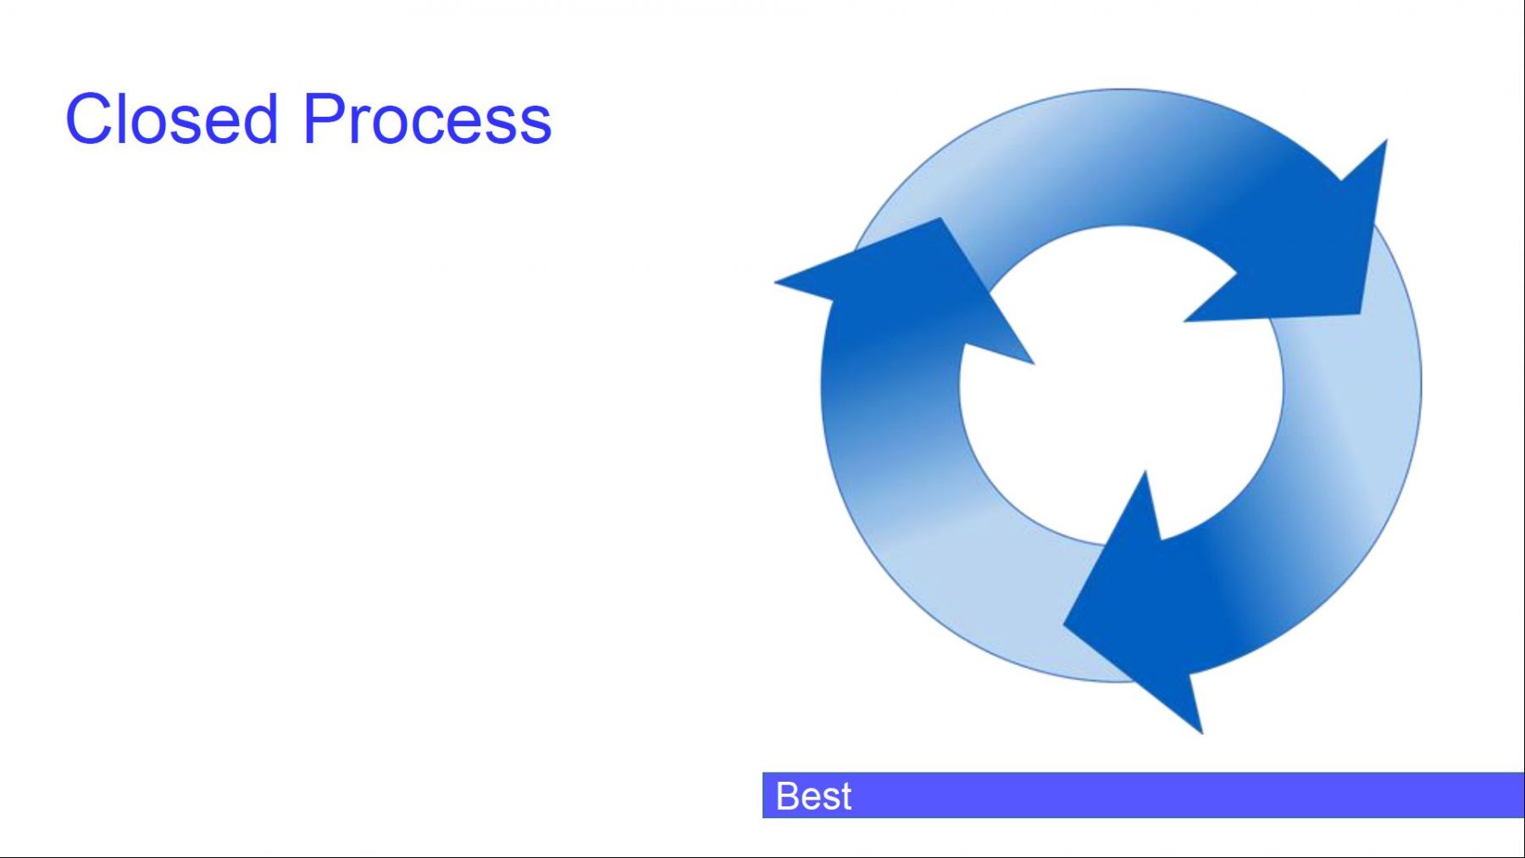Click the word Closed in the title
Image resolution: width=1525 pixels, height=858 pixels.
(172, 119)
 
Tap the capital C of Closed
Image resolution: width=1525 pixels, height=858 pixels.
(90, 119)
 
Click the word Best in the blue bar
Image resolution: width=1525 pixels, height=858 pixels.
(813, 796)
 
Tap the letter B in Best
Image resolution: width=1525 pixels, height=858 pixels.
(787, 796)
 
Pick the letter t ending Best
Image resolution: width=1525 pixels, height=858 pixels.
(846, 797)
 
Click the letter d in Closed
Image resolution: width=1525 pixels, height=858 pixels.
(261, 119)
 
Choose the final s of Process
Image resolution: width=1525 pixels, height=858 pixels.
(534, 125)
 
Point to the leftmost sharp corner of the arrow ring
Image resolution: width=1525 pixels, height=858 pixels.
(775, 281)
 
